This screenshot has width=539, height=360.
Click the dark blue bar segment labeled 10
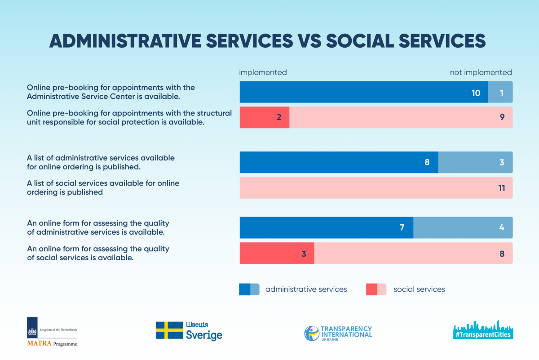click(x=363, y=92)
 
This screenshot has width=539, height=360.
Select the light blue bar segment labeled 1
click(x=500, y=92)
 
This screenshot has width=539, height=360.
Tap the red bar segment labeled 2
click(x=264, y=117)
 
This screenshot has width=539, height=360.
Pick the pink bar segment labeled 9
click(x=401, y=117)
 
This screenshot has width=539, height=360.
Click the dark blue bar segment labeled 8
click(x=339, y=162)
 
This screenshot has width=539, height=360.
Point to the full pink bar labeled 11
click(x=376, y=187)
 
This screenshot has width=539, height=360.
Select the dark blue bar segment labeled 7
click(x=326, y=227)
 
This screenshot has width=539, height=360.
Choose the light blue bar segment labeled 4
click(x=463, y=227)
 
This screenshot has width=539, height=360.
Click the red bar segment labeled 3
click(x=277, y=253)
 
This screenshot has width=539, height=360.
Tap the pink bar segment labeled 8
click(x=413, y=253)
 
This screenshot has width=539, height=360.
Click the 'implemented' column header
click(x=263, y=72)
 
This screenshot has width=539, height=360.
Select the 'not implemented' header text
click(x=481, y=72)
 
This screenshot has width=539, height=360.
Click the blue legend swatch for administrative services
click(x=249, y=289)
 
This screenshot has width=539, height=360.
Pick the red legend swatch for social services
click(x=376, y=289)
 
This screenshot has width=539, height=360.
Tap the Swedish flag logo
click(x=169, y=330)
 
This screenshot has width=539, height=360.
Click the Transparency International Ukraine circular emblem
click(x=312, y=333)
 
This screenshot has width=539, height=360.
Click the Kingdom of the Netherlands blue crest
click(x=32, y=328)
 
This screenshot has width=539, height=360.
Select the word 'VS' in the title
click(x=309, y=40)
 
